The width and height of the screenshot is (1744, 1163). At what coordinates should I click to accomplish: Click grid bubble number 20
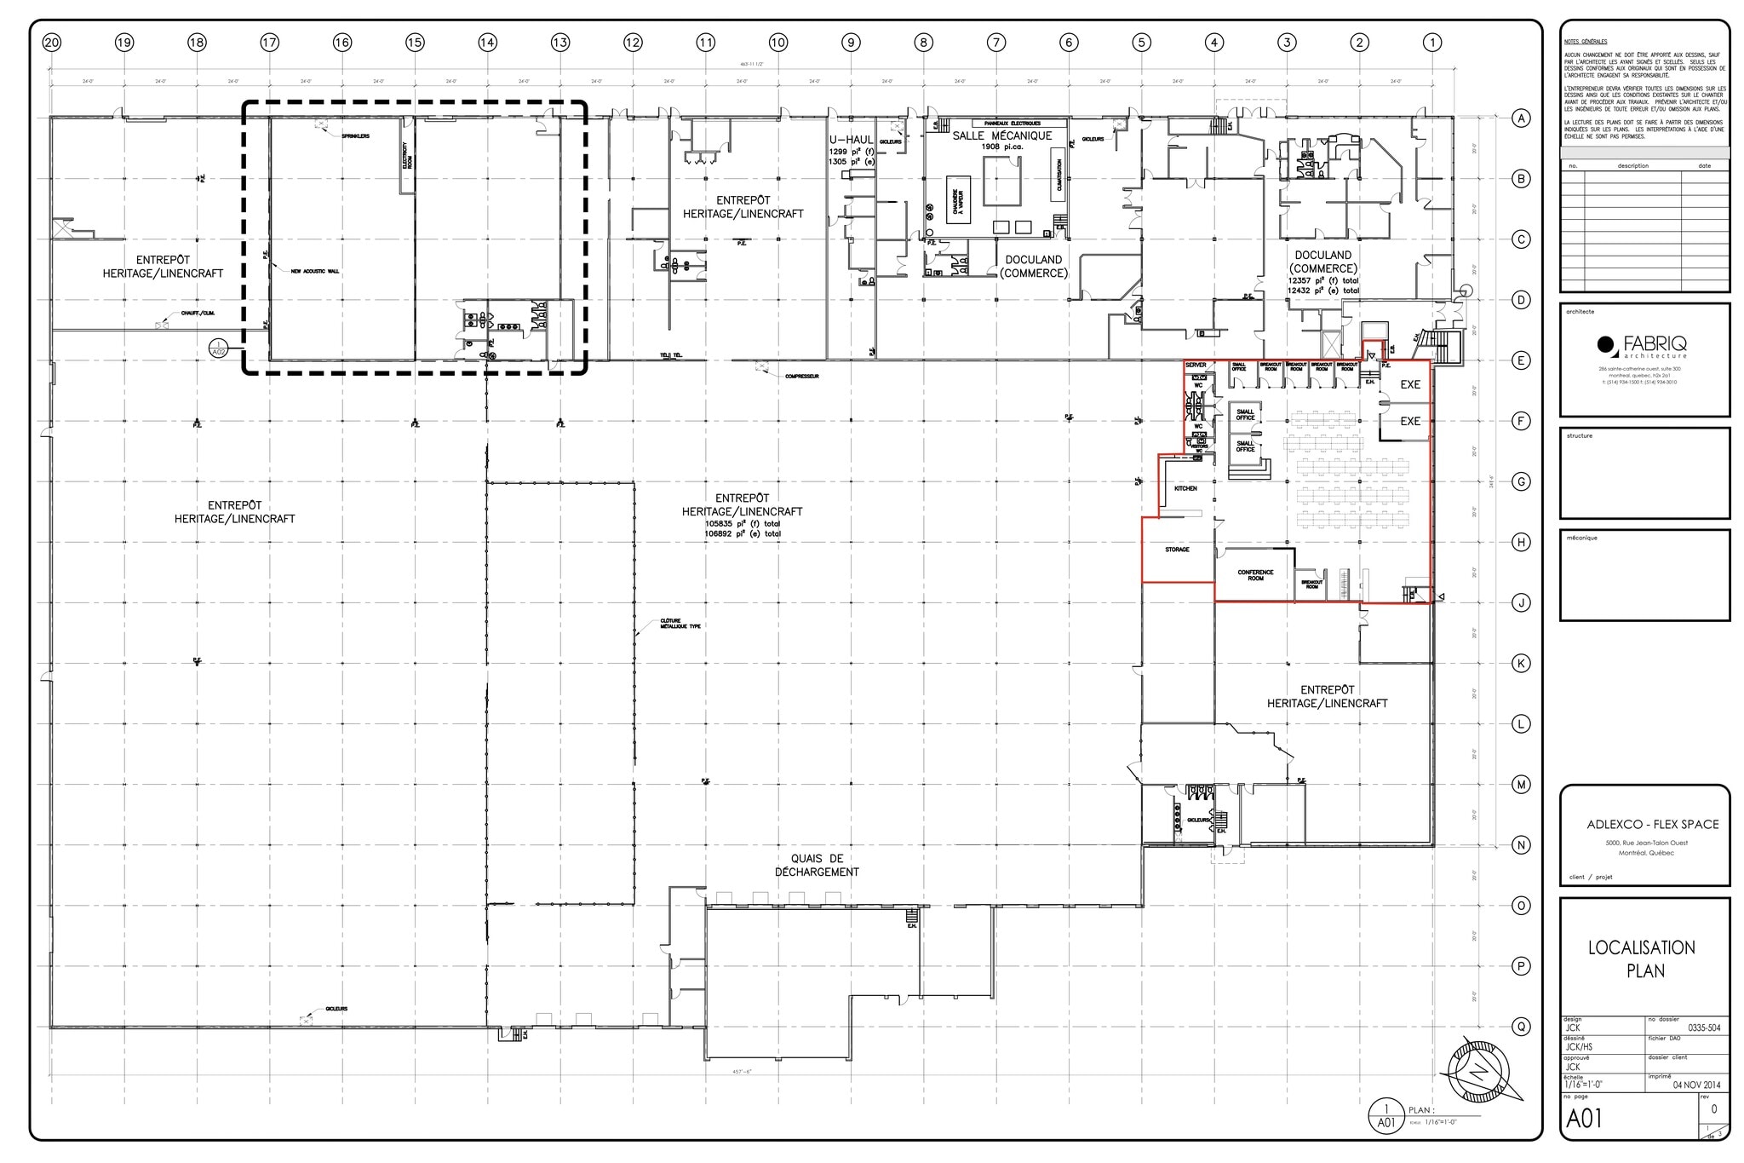tap(52, 43)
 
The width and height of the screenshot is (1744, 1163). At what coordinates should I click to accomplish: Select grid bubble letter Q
tap(1521, 1027)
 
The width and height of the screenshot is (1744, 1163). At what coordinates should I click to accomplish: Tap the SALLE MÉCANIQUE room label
tap(1001, 135)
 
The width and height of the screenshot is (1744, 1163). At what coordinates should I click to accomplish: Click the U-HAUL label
tap(851, 139)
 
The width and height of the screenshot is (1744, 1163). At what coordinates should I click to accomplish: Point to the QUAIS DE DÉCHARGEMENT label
tap(817, 865)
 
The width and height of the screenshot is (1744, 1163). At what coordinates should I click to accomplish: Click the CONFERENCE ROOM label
tap(1255, 575)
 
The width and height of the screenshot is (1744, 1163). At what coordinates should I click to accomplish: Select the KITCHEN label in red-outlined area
tap(1185, 488)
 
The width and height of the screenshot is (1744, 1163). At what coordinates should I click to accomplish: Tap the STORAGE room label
tap(1177, 550)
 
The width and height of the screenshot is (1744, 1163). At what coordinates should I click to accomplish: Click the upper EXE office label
tap(1410, 384)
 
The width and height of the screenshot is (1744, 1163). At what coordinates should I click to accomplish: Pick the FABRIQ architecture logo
tap(1644, 346)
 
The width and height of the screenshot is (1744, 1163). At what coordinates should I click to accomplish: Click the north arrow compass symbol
tap(1479, 1071)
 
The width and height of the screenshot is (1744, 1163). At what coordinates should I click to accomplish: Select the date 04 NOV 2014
tap(1696, 1085)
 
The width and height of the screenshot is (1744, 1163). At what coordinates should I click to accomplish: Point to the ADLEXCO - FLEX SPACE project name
tap(1652, 824)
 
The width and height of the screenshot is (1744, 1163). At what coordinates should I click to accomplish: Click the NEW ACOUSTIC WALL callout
tap(314, 272)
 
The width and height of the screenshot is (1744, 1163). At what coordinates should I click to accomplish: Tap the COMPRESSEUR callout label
tap(801, 376)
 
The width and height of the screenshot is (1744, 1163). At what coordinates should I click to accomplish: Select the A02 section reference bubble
tap(219, 348)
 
